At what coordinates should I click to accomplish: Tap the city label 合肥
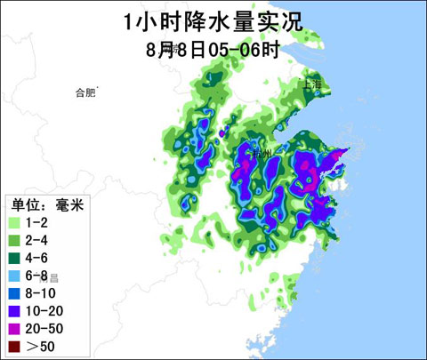pyautogui.click(x=85, y=92)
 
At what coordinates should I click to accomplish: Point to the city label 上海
pyautogui.click(x=312, y=84)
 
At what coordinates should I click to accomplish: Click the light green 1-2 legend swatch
pyautogui.click(x=14, y=222)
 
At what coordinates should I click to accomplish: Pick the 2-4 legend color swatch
pyautogui.click(x=14, y=240)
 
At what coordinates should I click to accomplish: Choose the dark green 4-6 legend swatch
pyautogui.click(x=14, y=258)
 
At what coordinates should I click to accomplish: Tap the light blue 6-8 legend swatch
pyautogui.click(x=14, y=276)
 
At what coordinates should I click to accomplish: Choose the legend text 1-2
pyautogui.click(x=36, y=222)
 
